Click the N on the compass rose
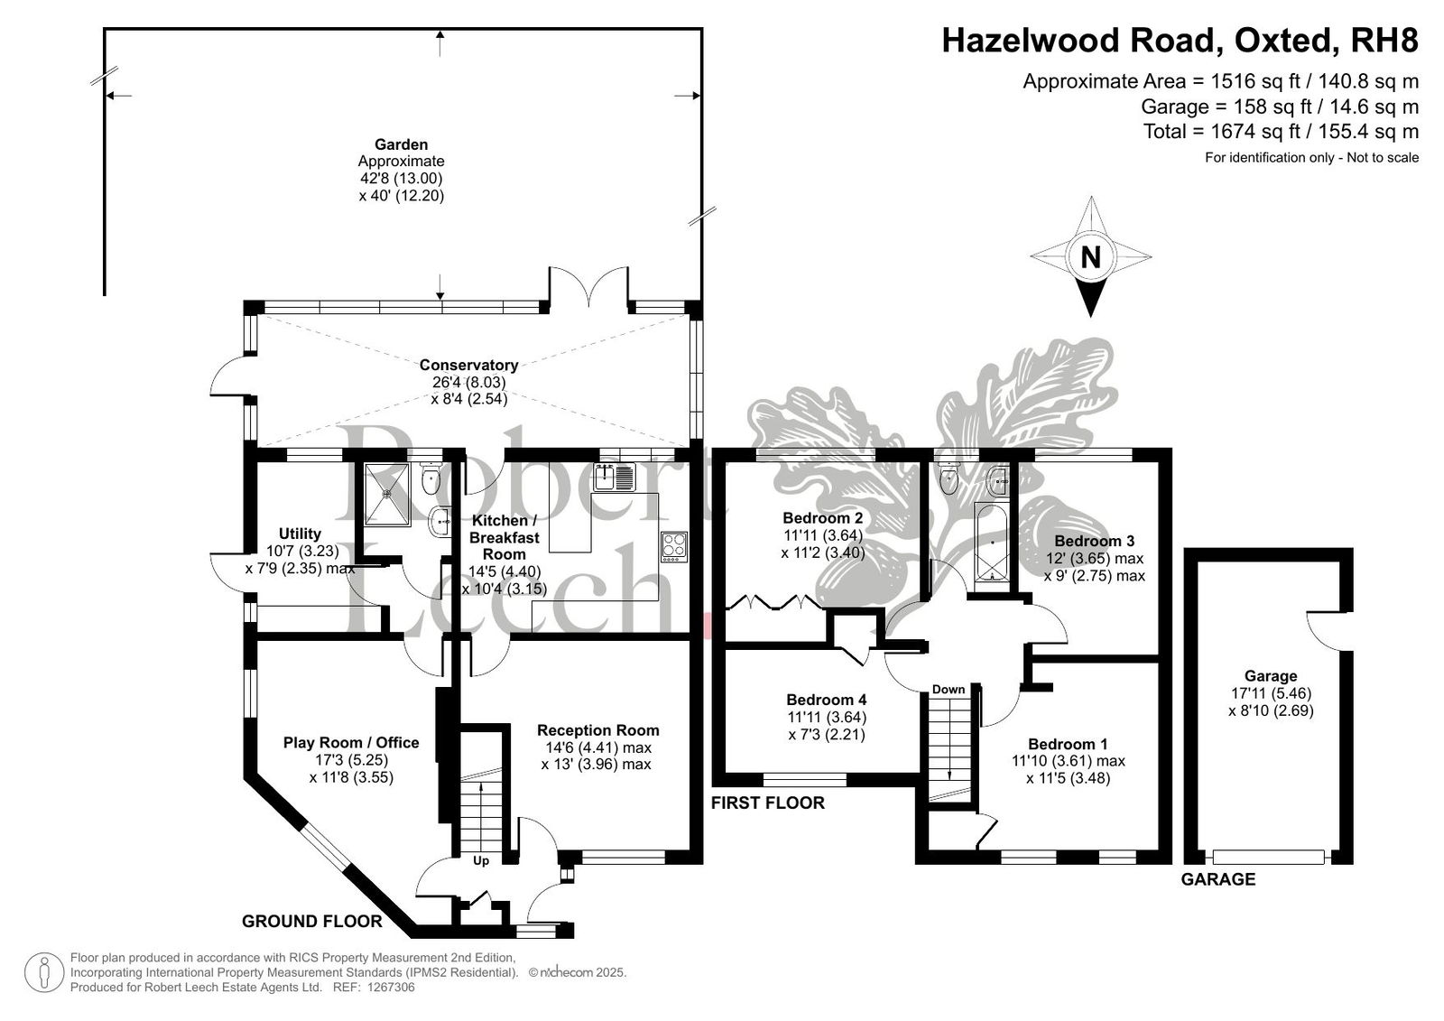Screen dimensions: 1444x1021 click(x=1090, y=257)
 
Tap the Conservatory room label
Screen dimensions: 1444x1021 click(x=468, y=365)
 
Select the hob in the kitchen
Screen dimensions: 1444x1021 click(x=674, y=546)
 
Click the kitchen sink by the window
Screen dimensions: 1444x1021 click(x=615, y=477)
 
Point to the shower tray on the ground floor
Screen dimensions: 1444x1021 click(x=387, y=494)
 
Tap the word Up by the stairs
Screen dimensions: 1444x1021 click(x=481, y=860)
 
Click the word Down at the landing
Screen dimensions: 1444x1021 click(x=949, y=689)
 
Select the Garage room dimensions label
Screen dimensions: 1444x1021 click(x=1271, y=701)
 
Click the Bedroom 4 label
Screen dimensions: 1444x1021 click(x=827, y=699)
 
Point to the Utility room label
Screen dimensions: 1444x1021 click(x=300, y=534)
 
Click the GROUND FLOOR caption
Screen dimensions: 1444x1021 click(x=312, y=921)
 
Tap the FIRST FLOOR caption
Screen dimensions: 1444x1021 click(x=768, y=803)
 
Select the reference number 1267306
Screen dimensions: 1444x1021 click(x=391, y=988)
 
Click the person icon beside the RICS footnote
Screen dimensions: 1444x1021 click(x=44, y=972)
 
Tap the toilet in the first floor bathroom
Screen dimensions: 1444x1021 click(x=949, y=479)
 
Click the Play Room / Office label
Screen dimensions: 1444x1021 click(x=351, y=742)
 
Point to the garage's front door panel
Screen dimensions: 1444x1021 click(x=1268, y=858)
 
